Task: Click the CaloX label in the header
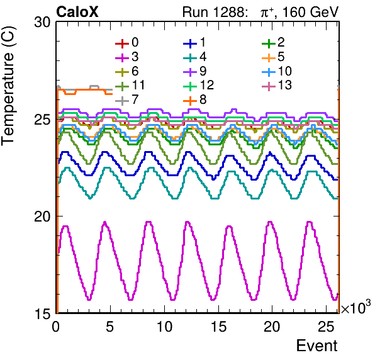[x=77, y=12]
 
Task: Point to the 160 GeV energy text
[x=311, y=12]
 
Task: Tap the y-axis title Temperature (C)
[x=8, y=86]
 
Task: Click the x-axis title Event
[x=316, y=346]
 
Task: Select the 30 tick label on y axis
[x=42, y=23]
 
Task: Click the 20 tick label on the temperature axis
[x=42, y=217]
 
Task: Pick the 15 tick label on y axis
[x=43, y=313]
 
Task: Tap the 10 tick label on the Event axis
[x=164, y=326]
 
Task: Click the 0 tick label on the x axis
[x=56, y=326]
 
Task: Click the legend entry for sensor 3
[x=127, y=57]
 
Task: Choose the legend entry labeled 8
[x=195, y=99]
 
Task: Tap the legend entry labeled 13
[x=277, y=86]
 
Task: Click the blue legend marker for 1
[x=190, y=43]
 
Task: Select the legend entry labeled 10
[x=277, y=71]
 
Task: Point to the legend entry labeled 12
[x=198, y=86]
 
